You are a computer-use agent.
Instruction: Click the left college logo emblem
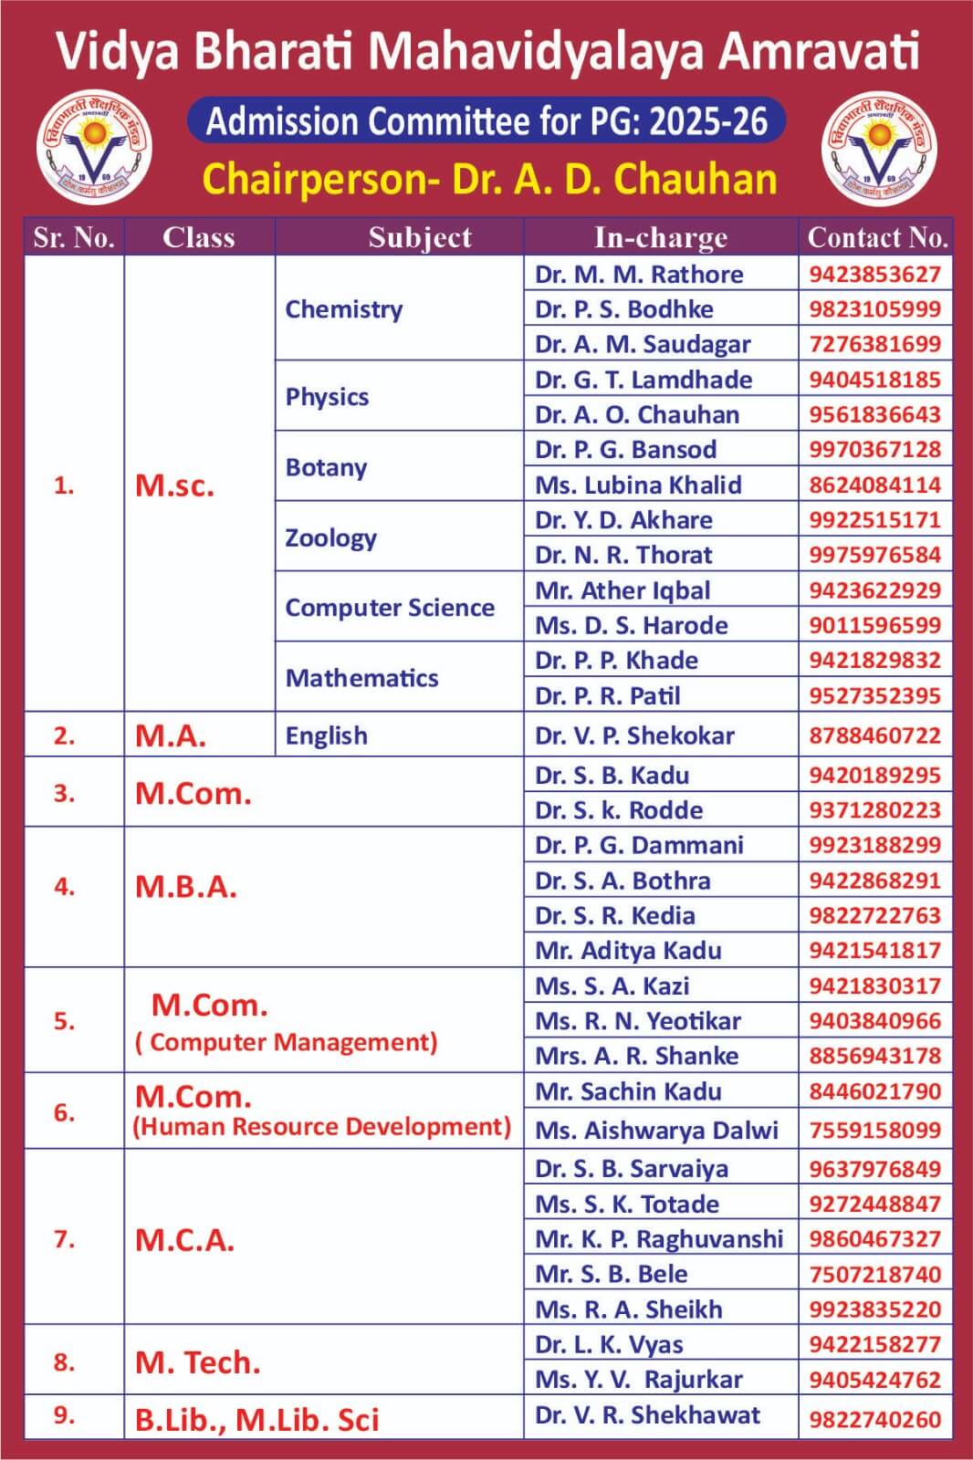tap(94, 151)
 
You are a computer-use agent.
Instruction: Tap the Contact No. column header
tap(876, 237)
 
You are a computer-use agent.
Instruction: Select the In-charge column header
tap(661, 237)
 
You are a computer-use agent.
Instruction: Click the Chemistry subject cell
tap(344, 309)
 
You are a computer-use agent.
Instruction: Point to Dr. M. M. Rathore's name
tap(639, 275)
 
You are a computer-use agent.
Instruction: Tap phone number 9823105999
tap(874, 309)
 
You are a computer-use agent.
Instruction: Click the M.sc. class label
tap(174, 485)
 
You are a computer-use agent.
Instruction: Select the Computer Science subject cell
tap(390, 608)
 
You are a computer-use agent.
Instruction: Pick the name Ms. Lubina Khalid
tap(638, 485)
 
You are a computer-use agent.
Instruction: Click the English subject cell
tap(327, 735)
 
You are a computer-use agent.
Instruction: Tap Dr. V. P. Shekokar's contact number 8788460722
tap(874, 735)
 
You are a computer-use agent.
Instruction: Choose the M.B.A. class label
tap(186, 887)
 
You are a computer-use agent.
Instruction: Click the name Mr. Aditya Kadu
tap(628, 951)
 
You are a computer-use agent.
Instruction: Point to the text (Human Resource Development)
tap(322, 1127)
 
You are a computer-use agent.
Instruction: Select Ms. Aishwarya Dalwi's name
tap(656, 1131)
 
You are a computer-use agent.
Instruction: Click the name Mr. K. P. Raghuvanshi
tap(659, 1239)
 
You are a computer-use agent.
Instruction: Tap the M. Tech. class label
tap(198, 1363)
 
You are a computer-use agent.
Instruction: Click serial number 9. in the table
tap(64, 1415)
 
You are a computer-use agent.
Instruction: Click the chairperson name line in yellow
tap(489, 180)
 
